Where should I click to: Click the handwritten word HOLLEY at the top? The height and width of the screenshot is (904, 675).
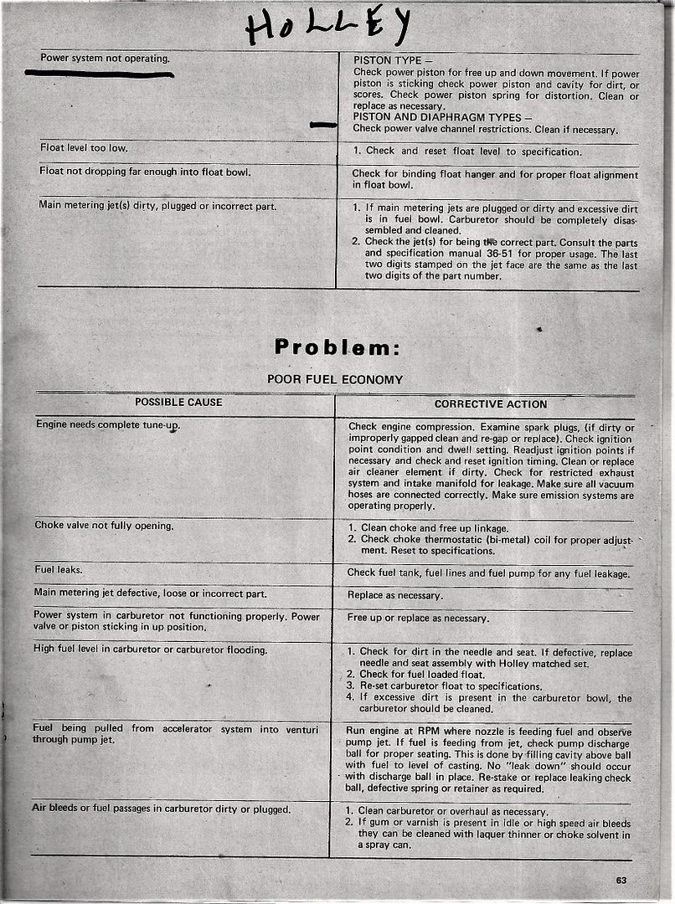[327, 28]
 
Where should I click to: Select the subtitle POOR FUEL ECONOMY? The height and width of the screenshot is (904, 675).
[334, 379]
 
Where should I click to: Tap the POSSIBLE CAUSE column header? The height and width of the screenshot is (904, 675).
[178, 403]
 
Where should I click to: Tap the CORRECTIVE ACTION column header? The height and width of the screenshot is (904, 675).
[490, 404]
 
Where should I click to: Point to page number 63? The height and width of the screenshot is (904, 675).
[621, 879]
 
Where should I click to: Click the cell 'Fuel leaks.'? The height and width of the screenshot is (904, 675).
[56, 570]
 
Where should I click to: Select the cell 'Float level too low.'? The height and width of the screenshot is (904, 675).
[84, 148]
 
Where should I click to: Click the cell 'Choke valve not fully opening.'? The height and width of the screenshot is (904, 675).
[104, 526]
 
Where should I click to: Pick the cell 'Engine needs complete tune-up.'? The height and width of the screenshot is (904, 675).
[108, 424]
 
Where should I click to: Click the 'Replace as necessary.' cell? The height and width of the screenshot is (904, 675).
[395, 596]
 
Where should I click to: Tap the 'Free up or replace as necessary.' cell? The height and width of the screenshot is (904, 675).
[418, 618]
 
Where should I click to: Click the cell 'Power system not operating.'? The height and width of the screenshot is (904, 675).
[105, 59]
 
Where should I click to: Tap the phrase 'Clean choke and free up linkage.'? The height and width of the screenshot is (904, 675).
[434, 528]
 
